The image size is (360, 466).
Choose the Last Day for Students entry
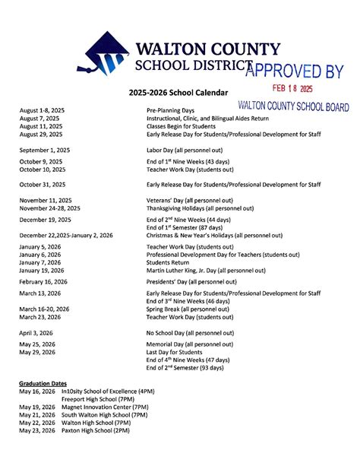coord(175,353)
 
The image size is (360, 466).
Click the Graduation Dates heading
coord(43,384)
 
